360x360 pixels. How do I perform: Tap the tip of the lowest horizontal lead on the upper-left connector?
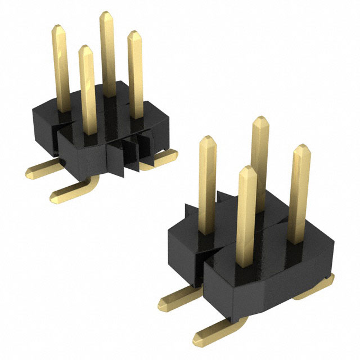[55, 196]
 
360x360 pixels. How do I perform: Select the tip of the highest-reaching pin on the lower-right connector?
[259, 120]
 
